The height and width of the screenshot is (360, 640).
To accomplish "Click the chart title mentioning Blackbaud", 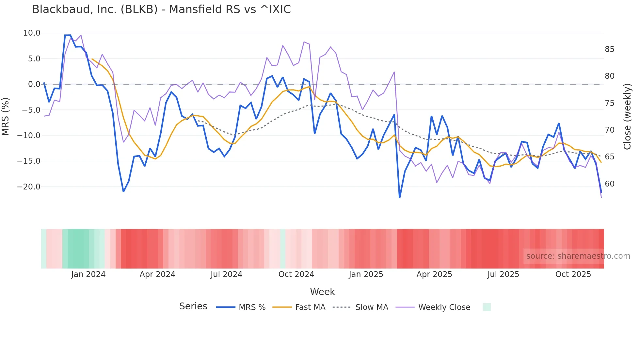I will (x=161, y=9).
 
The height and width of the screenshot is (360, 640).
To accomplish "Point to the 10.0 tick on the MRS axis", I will (x=32, y=33).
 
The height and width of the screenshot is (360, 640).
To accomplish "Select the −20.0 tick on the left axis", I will (x=29, y=187).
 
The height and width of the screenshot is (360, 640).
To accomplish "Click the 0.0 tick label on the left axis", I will (x=34, y=84).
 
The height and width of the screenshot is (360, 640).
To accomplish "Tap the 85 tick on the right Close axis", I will (x=609, y=49).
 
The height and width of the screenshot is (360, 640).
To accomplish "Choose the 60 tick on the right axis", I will (x=609, y=184).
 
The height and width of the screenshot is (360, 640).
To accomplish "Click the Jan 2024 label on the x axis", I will (x=88, y=274).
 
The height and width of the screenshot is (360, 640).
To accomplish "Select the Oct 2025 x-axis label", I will (x=573, y=274).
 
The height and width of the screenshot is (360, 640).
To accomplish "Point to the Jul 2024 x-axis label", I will (x=226, y=274).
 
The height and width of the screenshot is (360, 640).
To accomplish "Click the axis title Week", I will (x=322, y=292).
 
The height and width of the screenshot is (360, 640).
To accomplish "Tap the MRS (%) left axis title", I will (x=6, y=117).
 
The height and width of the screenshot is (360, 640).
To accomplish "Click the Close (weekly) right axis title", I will (x=627, y=117).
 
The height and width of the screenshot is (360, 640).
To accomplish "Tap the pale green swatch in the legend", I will (x=487, y=307).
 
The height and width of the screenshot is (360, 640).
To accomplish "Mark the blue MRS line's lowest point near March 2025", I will (x=400, y=197).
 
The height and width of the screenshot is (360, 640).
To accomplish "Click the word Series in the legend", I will (x=193, y=306).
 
